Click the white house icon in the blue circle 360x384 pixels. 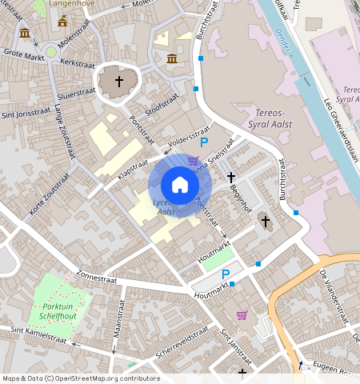(x=180, y=185)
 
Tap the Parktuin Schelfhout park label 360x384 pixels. (x=53, y=312)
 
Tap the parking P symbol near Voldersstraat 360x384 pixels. (x=204, y=142)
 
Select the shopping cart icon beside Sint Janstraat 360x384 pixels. (x=242, y=314)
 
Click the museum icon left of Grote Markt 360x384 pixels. (x=25, y=33)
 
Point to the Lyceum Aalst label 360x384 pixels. (x=166, y=206)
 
